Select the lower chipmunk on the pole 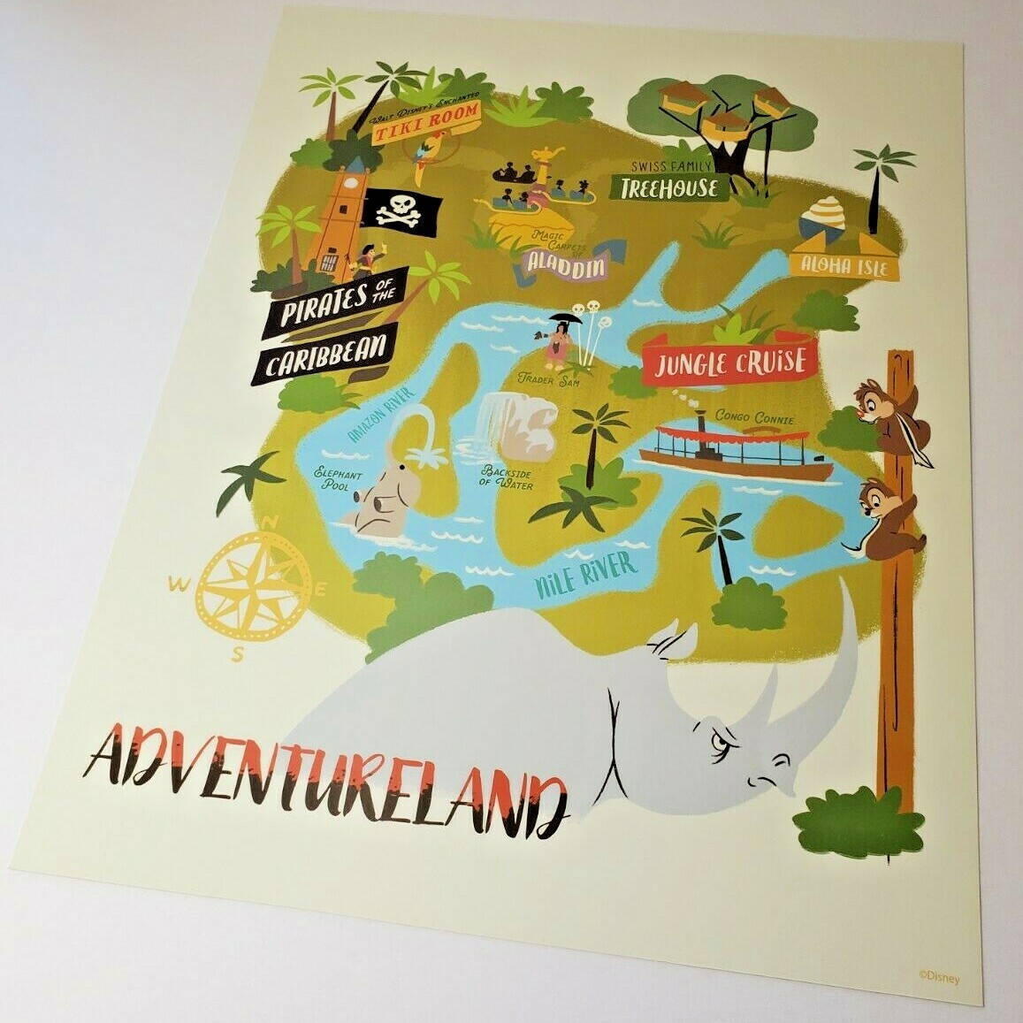(887, 523)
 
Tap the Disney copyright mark (937, 977)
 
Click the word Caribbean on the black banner (326, 355)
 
